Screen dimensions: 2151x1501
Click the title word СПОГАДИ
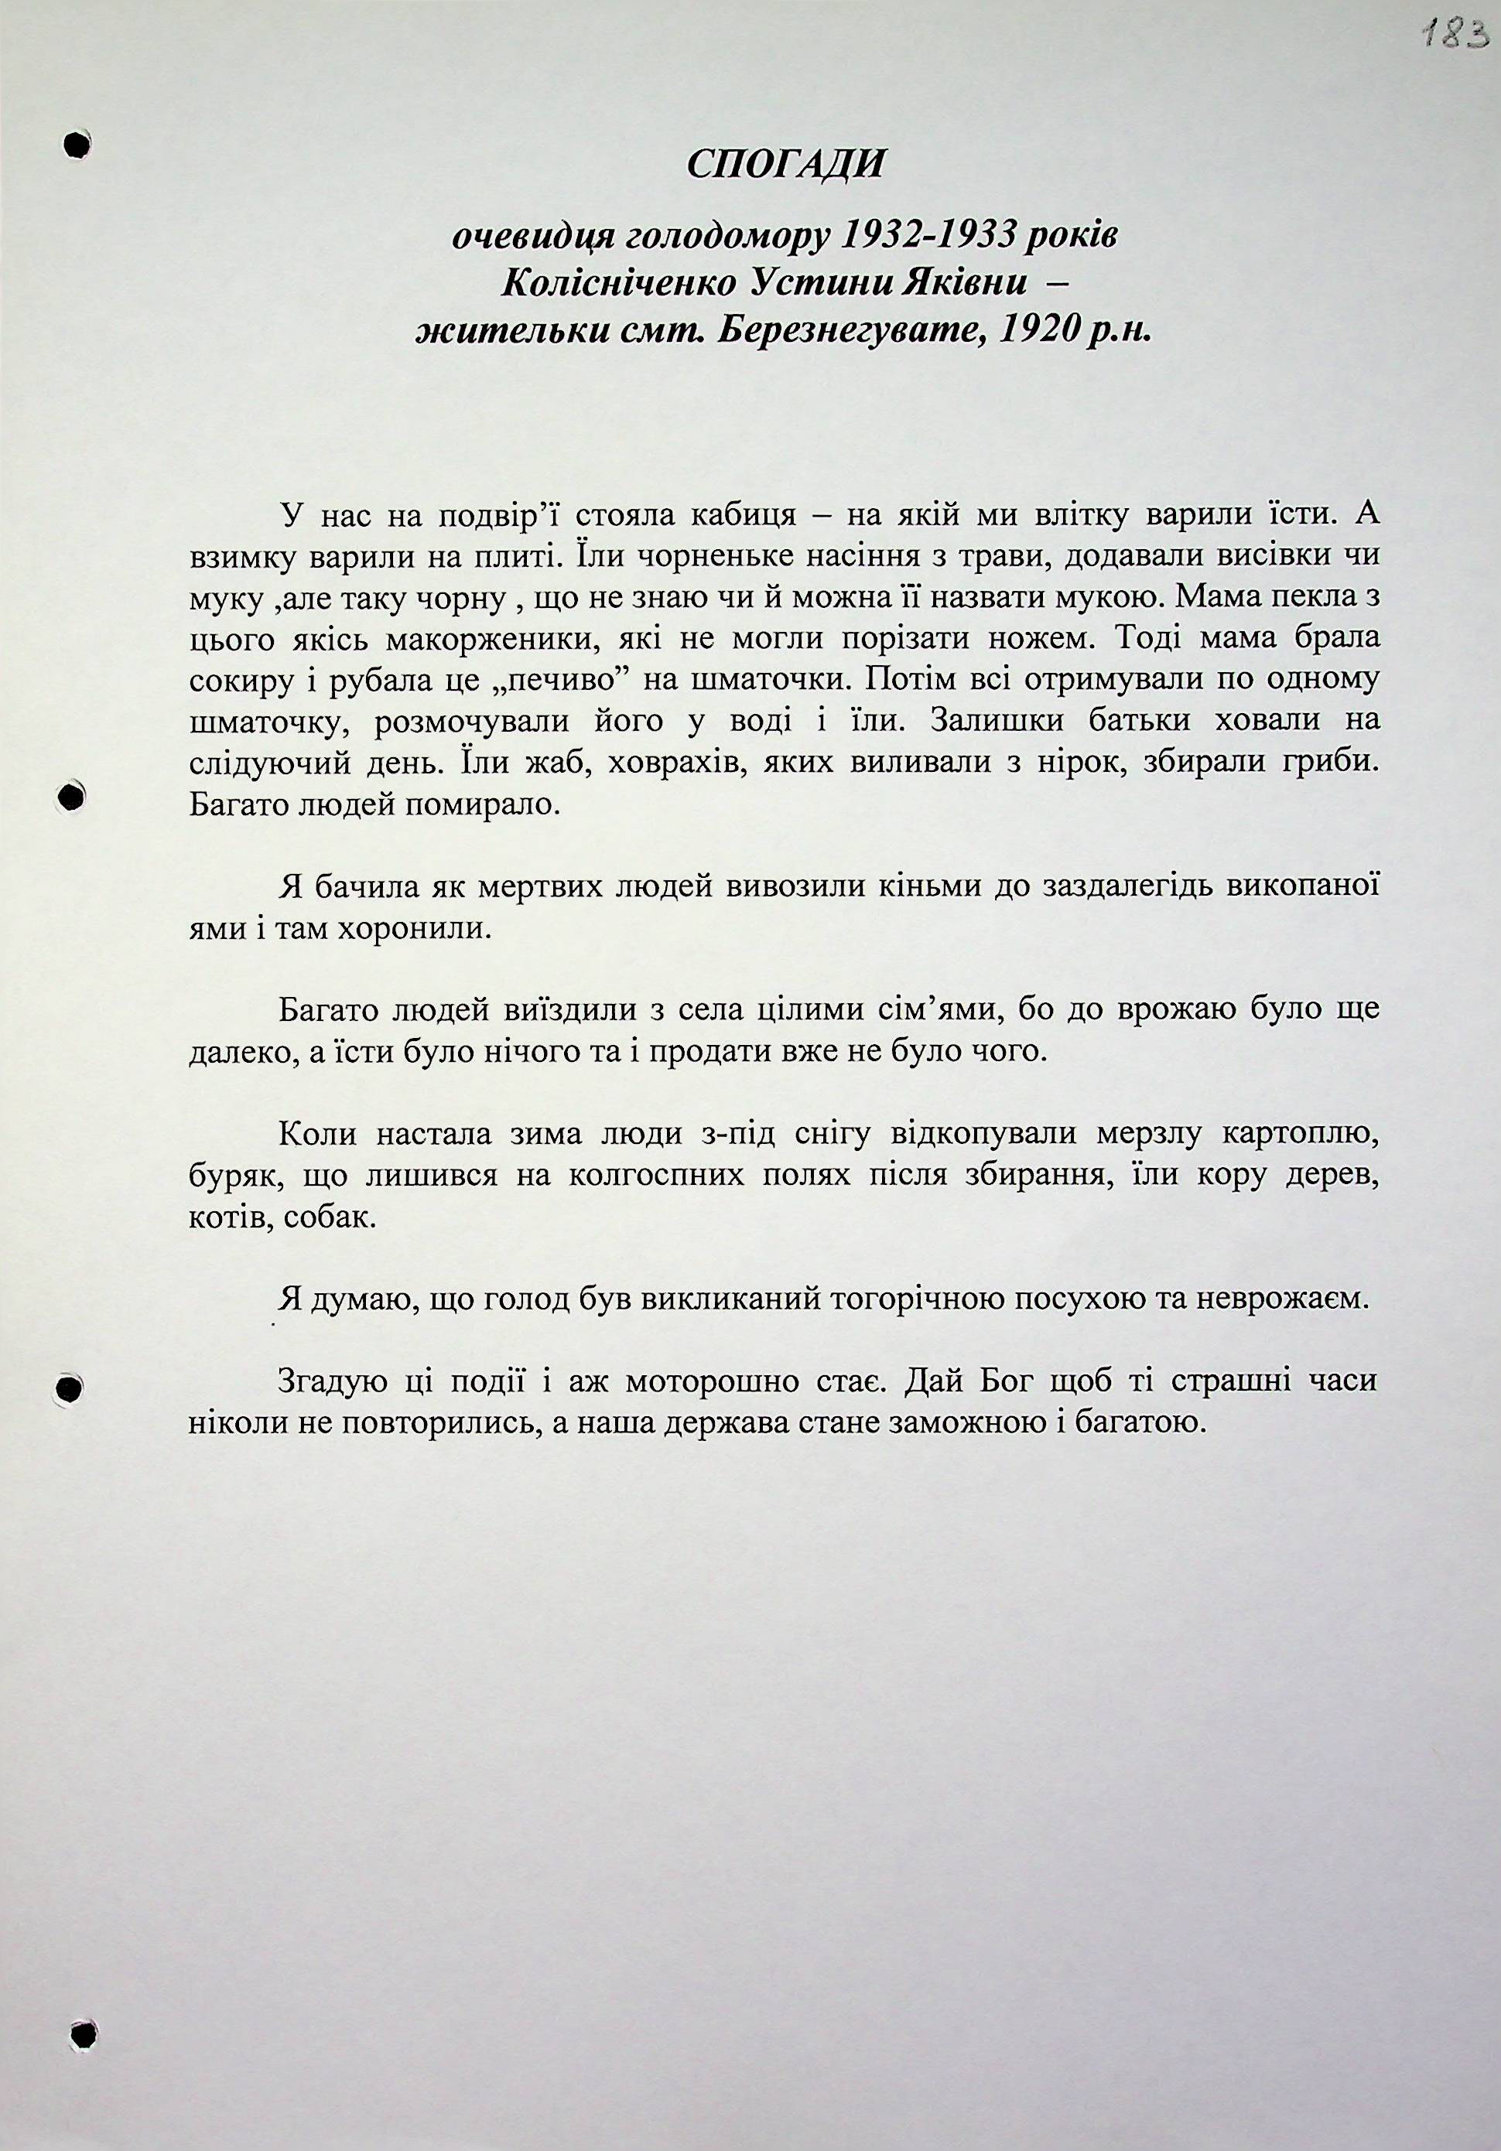click(x=785, y=166)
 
